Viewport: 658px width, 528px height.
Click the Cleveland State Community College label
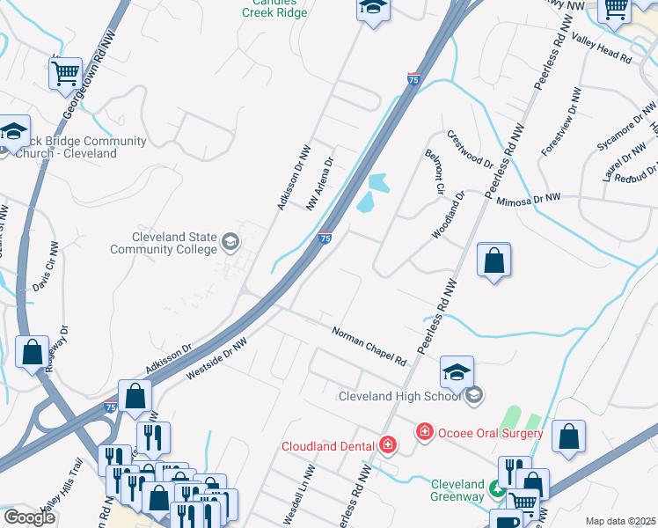click(x=163, y=243)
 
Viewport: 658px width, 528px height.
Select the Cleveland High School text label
click(x=400, y=396)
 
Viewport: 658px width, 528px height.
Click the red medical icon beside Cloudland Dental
click(x=388, y=445)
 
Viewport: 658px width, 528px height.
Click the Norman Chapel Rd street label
click(x=369, y=348)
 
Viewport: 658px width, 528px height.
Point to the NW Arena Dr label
click(x=320, y=184)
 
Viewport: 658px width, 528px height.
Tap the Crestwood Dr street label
click(x=470, y=149)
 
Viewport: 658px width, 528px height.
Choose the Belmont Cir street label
click(x=433, y=172)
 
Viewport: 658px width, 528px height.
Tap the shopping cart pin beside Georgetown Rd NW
click(x=66, y=75)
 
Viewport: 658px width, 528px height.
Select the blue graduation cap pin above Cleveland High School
click(x=457, y=373)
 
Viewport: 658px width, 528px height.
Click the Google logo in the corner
click(x=30, y=517)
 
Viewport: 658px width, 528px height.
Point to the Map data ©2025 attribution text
click(x=620, y=521)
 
